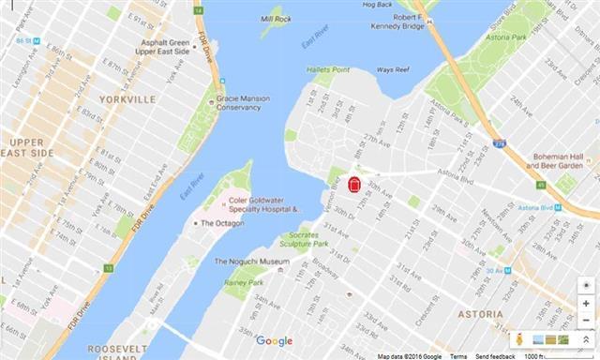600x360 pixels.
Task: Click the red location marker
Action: (354, 185)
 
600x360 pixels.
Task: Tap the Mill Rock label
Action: (277, 19)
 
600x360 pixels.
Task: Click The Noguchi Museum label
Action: (252, 262)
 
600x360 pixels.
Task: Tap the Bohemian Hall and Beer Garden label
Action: (558, 161)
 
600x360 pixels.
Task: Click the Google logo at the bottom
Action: (275, 340)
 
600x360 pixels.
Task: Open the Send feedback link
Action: (494, 356)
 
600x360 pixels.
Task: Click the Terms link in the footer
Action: (457, 356)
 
